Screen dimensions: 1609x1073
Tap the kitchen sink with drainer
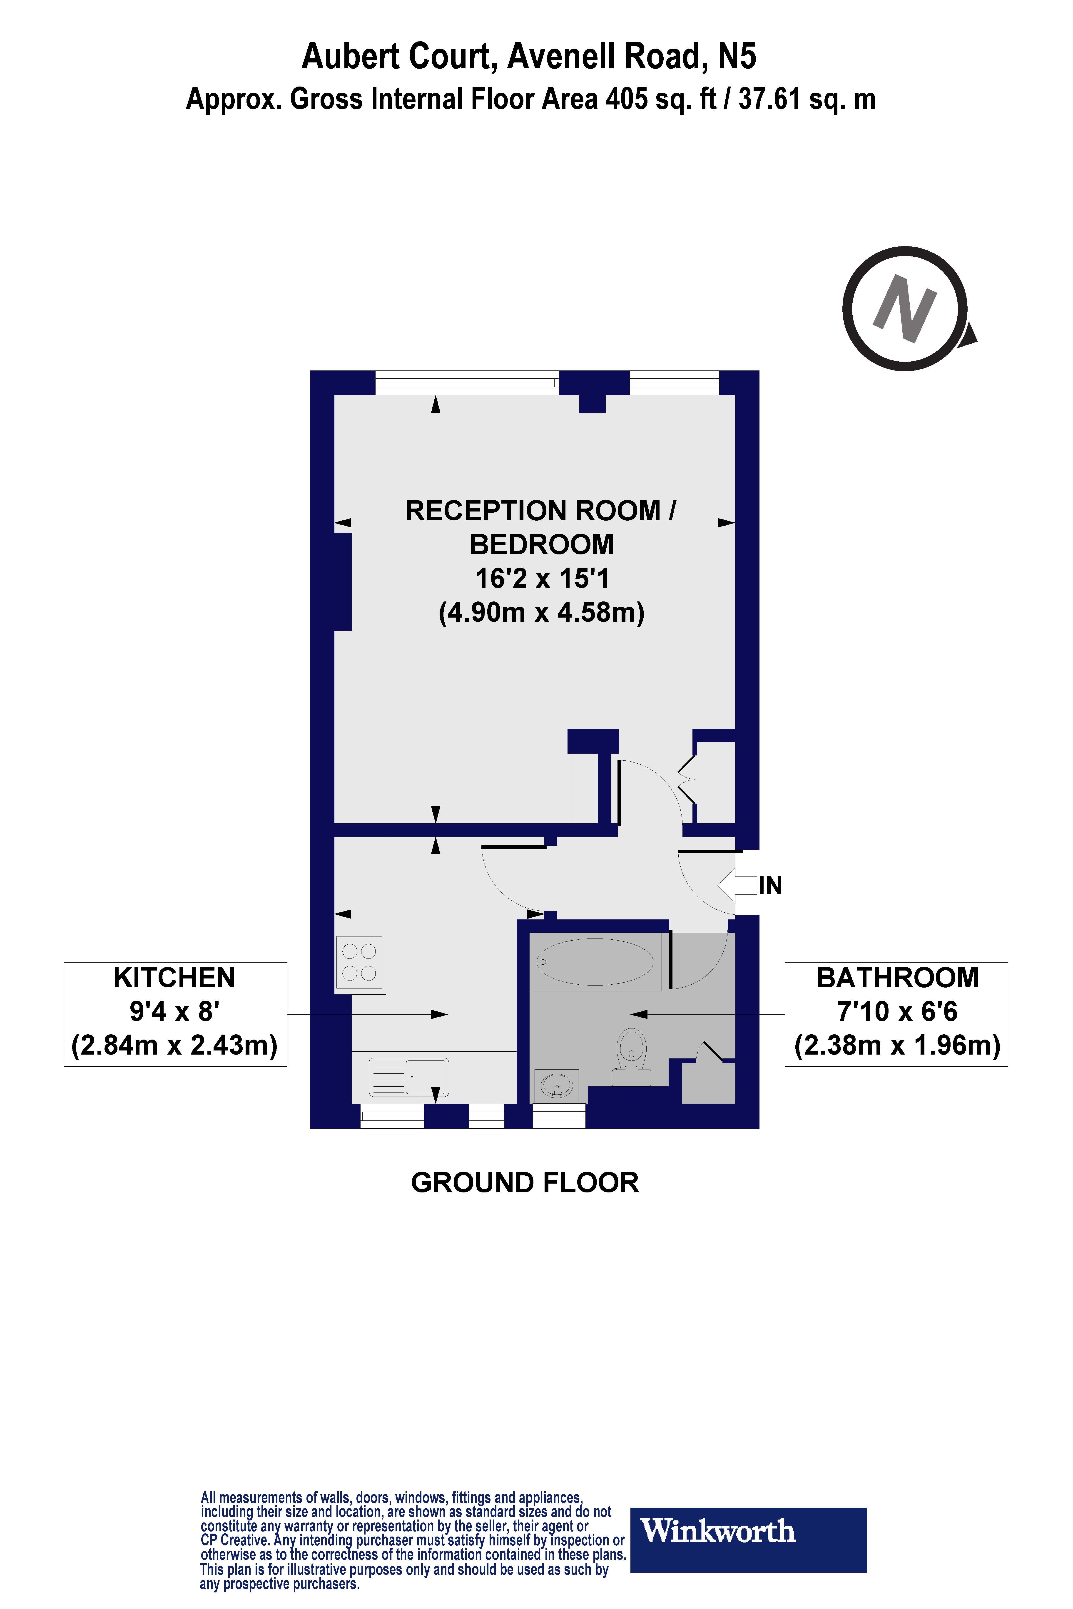(408, 1078)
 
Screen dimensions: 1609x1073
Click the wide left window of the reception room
(467, 382)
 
